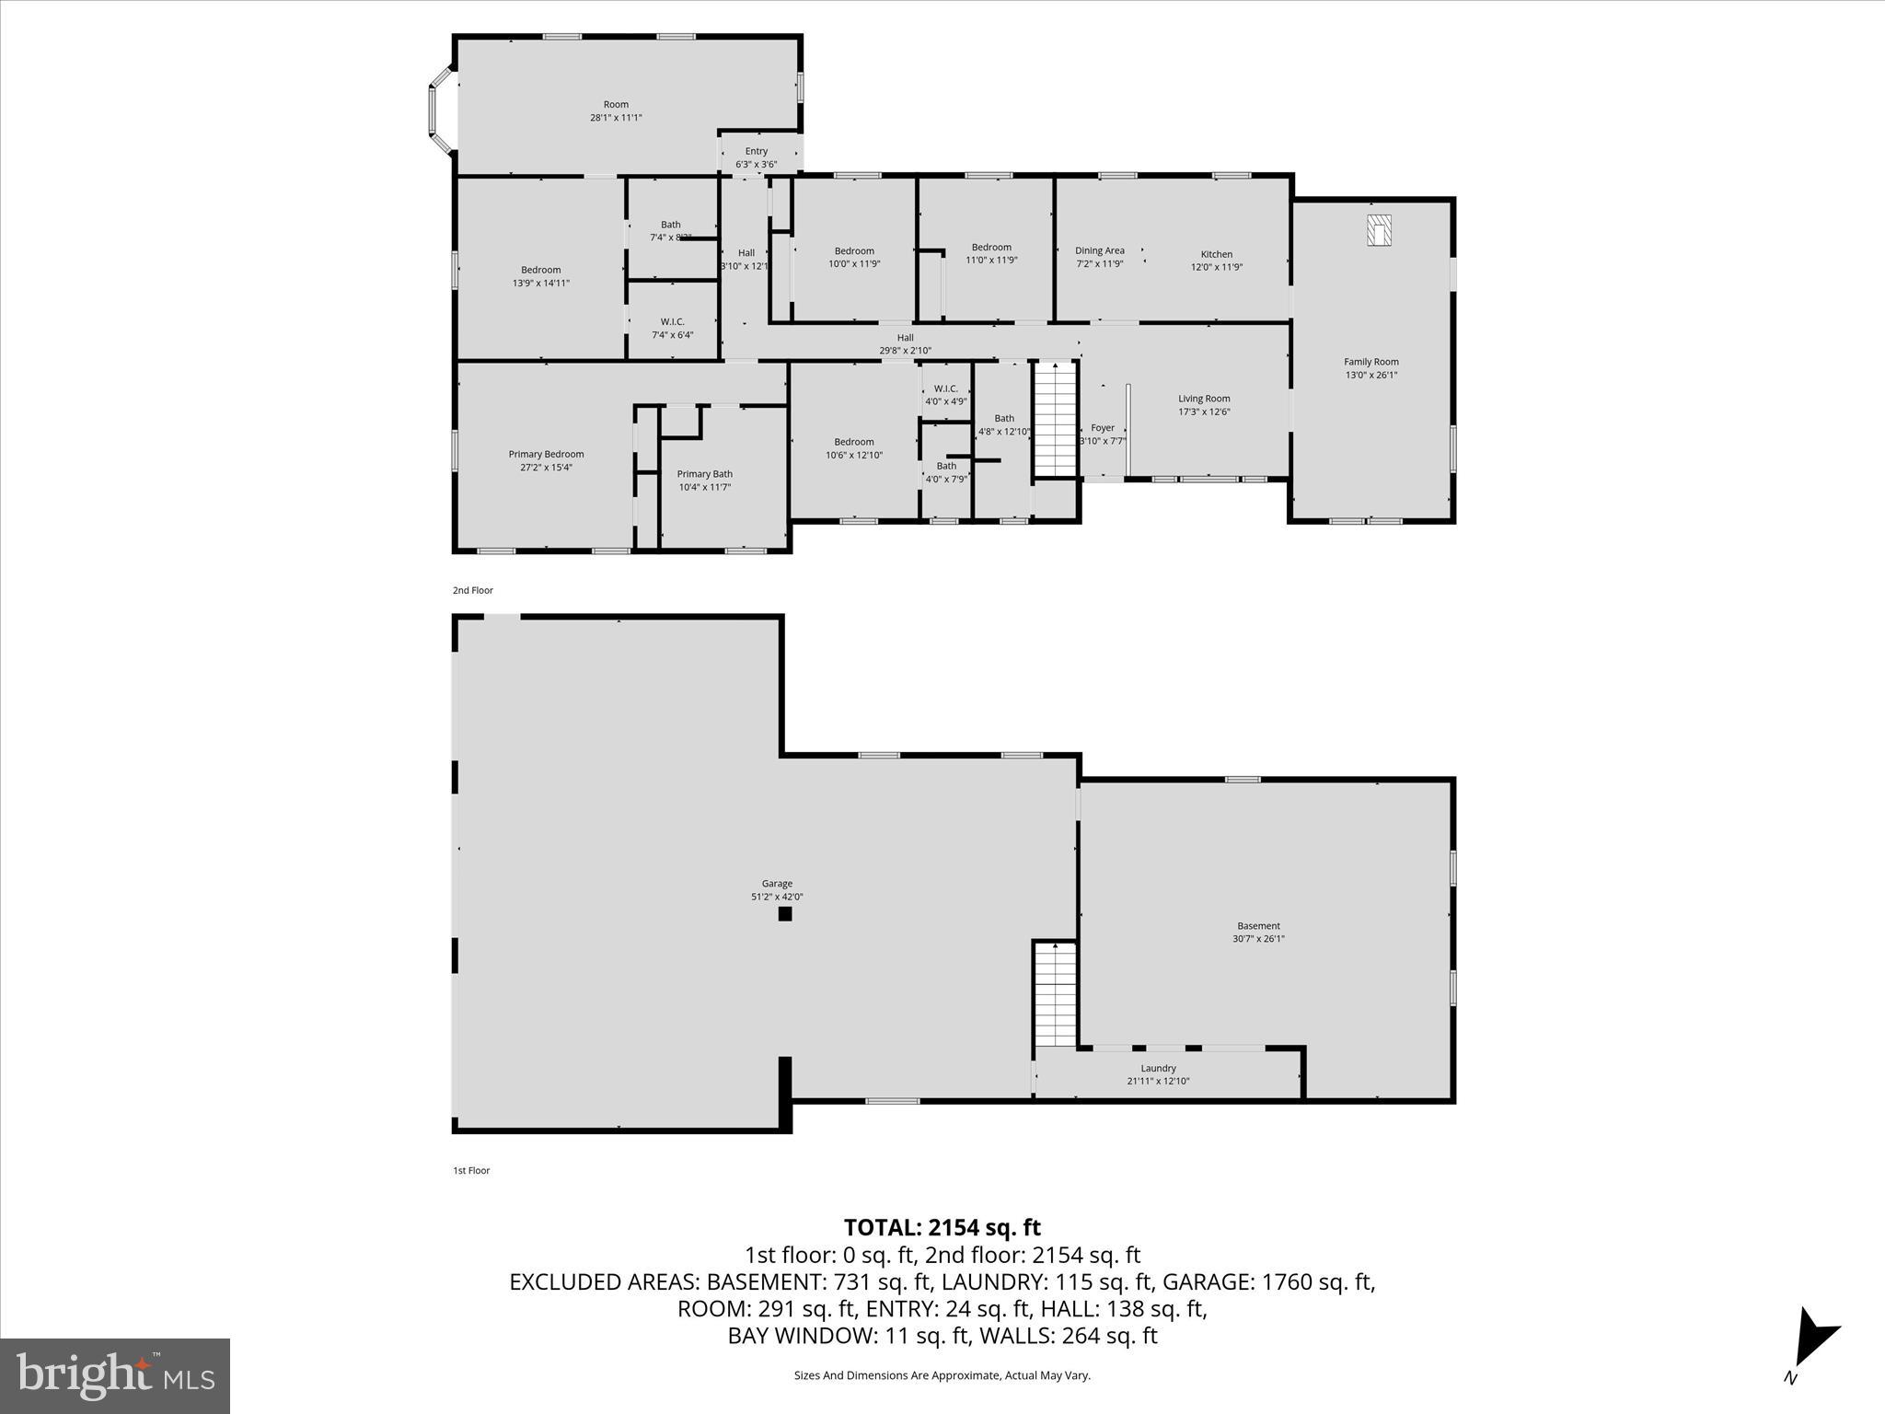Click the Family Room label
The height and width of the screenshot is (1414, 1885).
click(1370, 362)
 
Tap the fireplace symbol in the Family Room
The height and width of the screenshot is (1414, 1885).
click(1379, 230)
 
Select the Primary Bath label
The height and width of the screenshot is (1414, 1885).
click(704, 474)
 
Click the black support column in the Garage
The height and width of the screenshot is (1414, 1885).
click(785, 914)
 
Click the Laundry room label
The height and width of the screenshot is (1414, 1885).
click(1158, 1068)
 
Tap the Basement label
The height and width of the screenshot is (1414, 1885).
click(1258, 926)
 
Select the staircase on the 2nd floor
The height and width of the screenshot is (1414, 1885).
click(1055, 420)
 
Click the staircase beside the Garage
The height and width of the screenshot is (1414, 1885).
click(1055, 994)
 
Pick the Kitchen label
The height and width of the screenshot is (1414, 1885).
click(1216, 254)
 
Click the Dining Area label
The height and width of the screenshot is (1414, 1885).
click(1100, 250)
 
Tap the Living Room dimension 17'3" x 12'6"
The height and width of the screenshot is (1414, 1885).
click(1204, 411)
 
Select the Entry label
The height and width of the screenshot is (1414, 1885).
click(756, 151)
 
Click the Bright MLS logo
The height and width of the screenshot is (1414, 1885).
click(115, 1375)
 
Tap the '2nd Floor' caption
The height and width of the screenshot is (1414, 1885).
click(473, 590)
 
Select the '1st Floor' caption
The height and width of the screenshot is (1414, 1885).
click(471, 1170)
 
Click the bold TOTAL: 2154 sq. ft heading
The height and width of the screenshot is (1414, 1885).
click(942, 1227)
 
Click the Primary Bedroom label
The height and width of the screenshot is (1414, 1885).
click(546, 454)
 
